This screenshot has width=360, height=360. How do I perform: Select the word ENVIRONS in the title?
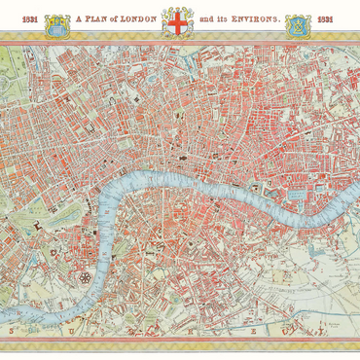(248, 20)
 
